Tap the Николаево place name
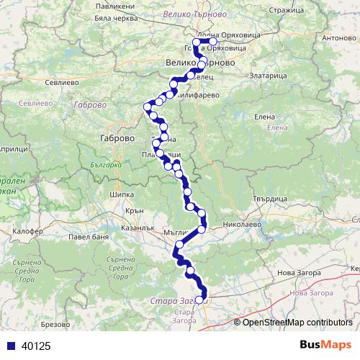point(241,225)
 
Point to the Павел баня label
point(89,236)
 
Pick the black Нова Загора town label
point(297,274)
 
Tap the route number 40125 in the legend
point(37,346)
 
